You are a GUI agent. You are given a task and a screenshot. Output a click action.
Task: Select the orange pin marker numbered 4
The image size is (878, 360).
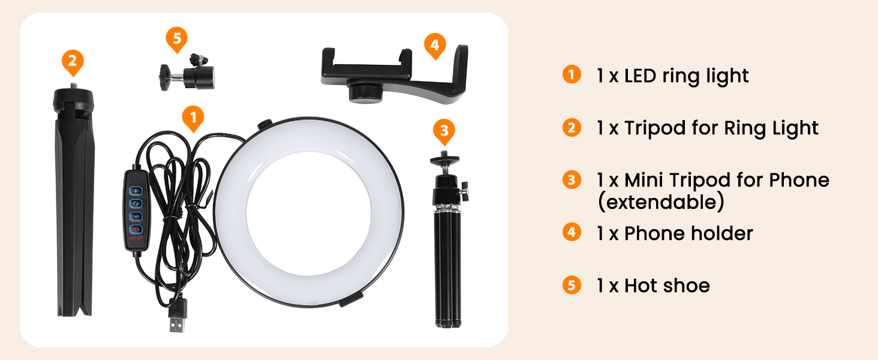(x=435, y=46)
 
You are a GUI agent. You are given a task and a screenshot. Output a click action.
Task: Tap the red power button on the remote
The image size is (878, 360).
(x=136, y=229)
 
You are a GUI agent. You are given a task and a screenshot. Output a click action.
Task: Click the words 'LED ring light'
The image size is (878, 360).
(x=686, y=76)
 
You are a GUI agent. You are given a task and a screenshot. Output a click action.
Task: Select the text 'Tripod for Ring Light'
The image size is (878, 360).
(x=721, y=128)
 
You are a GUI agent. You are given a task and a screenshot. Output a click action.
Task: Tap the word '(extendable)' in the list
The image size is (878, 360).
(x=660, y=202)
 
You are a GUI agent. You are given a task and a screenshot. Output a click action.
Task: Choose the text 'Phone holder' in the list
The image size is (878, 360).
(x=688, y=233)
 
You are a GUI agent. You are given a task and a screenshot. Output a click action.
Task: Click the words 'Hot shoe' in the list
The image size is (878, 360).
(x=666, y=286)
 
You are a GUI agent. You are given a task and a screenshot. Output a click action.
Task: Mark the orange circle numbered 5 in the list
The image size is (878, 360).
(x=572, y=285)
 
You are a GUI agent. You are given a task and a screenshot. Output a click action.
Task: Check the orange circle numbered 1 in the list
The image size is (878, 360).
(x=572, y=76)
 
